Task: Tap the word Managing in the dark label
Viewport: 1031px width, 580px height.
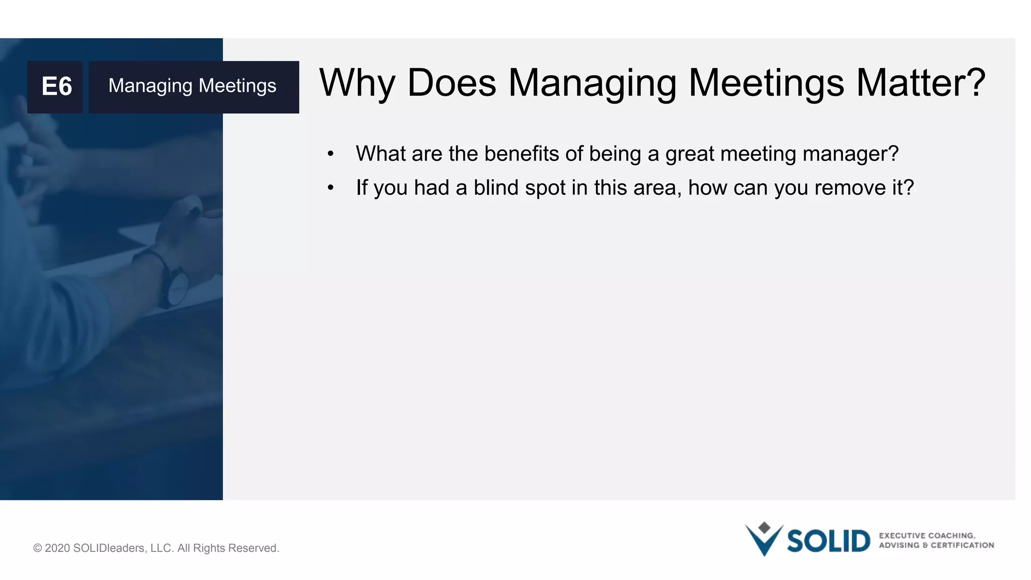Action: pos(150,86)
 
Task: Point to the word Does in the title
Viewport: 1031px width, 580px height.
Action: pos(452,83)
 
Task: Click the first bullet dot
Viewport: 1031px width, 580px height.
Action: pos(330,154)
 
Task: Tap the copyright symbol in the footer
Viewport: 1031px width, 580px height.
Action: pos(37,548)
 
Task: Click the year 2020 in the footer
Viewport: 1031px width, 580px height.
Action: pos(57,548)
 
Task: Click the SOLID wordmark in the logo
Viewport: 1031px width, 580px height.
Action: pos(828,541)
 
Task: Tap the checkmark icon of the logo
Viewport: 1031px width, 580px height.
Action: pos(764,541)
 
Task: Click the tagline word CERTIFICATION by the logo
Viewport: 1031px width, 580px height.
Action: pos(962,545)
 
